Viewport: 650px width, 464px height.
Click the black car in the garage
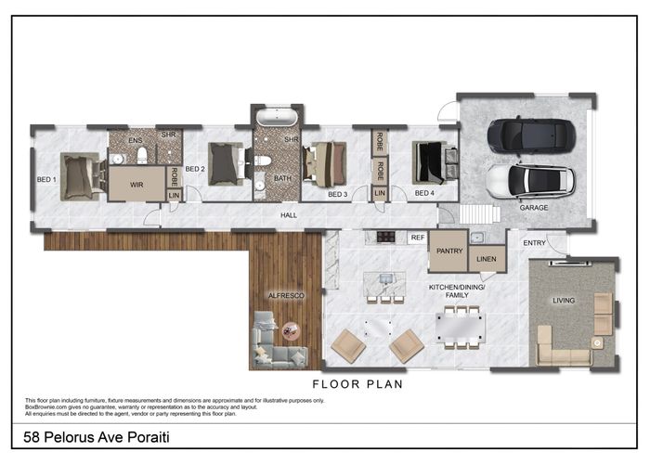coord(525,135)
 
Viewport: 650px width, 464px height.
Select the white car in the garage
coord(522,180)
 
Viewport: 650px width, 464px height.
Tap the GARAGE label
coord(534,208)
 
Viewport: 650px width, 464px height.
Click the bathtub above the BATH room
coord(276,118)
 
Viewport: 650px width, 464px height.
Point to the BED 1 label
coord(45,179)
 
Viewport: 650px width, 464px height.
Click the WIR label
coord(136,185)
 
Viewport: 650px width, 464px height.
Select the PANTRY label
coord(449,251)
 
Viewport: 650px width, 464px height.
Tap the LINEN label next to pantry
coord(487,261)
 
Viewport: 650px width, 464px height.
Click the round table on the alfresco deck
coord(291,329)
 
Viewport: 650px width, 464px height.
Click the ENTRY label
coord(535,243)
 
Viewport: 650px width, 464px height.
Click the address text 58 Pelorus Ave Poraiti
coord(90,435)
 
